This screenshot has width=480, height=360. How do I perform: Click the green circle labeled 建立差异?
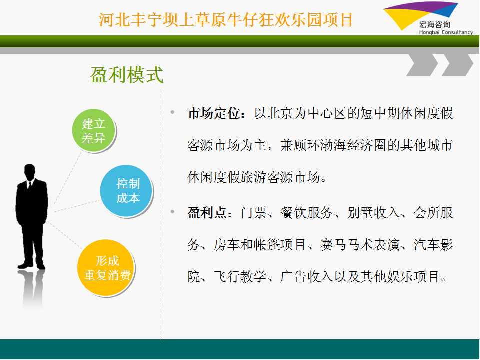pos(94,130)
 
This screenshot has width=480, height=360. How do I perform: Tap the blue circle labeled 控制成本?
pos(126,191)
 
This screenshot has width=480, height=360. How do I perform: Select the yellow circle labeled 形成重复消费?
pos(106,268)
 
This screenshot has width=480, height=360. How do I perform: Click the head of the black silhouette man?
pos(29,172)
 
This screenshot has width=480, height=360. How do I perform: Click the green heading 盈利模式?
pos(126,74)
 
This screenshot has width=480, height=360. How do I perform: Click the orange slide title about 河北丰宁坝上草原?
pos(226,20)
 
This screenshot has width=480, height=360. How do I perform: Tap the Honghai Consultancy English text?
pos(446,32)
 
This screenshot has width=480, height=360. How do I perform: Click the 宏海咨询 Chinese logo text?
pos(435,25)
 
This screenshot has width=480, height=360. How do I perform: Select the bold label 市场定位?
pos(214,114)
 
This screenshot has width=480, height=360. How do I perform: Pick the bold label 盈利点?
pos(207,213)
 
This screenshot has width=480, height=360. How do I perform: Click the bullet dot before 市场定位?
pos(173,112)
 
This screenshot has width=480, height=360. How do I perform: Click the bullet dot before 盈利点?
pos(173,211)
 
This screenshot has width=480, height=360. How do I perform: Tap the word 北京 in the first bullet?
pos(280,114)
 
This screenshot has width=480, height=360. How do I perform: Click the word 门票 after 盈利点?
pos(254,213)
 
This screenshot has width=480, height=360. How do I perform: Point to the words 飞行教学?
pos(240,276)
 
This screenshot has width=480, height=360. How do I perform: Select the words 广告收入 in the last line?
pos(306,276)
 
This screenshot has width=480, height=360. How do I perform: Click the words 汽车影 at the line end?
pos(433,245)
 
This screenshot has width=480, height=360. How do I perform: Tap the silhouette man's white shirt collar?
pos(29,183)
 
